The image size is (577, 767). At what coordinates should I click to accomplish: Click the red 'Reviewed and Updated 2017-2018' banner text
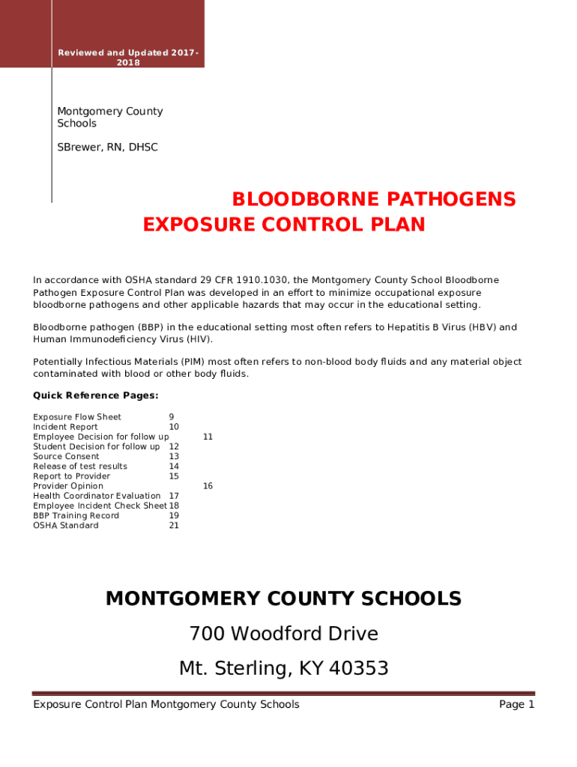128,56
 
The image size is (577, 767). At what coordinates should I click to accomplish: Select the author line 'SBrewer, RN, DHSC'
107,148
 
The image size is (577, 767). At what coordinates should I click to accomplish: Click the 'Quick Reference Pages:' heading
95,395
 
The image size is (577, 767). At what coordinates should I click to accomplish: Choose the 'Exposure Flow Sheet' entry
77,417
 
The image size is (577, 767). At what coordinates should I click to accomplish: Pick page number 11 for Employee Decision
208,437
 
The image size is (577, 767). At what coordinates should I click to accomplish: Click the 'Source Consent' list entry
66,456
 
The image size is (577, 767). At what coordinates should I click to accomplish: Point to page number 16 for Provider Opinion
208,486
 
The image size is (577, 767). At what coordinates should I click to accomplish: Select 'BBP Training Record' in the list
76,515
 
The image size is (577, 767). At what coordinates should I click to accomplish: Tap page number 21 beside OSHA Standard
174,526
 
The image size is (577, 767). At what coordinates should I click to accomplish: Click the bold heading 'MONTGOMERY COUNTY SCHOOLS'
283,598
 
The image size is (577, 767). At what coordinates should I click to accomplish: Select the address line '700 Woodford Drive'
283,634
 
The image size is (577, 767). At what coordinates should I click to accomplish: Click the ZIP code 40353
353,667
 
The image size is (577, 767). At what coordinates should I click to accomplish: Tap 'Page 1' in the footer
516,704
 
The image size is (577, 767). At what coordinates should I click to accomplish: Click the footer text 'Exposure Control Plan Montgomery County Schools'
166,704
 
